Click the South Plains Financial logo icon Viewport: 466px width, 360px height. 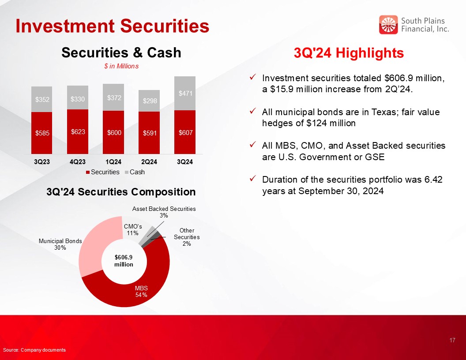388,25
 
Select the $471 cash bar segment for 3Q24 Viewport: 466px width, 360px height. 185,93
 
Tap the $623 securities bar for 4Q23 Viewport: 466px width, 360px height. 78,131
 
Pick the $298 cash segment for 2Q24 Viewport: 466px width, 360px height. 149,101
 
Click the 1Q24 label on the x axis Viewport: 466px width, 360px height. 113,162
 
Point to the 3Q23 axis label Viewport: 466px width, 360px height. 42,162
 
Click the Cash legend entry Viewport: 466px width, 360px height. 135,172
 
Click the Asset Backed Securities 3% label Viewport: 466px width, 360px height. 164,212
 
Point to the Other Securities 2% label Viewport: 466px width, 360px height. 187,237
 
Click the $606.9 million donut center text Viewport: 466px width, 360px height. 124,261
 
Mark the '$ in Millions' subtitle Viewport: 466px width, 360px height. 121,66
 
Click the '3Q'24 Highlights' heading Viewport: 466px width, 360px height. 349,53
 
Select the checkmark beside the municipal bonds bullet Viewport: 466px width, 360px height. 252,111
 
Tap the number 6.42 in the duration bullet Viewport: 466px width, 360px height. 433,180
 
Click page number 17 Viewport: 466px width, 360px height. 452,340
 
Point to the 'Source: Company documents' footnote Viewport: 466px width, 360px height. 34,350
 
